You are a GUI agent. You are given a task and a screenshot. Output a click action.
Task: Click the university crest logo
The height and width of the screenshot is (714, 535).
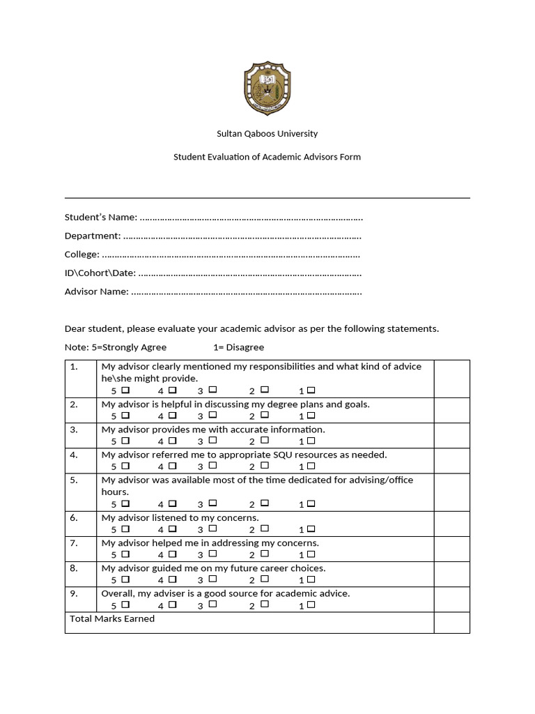coord(267,89)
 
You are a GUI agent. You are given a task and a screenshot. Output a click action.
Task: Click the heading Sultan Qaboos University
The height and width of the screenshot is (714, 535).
coord(267,133)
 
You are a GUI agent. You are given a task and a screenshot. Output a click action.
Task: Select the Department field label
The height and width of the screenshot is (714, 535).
coord(93,236)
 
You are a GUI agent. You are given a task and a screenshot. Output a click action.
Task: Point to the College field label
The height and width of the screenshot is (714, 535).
coord(82,255)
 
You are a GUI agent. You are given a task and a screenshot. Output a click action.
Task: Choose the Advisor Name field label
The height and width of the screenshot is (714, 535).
coord(97,291)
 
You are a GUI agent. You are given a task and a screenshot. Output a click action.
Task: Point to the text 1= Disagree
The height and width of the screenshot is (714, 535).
coord(238,347)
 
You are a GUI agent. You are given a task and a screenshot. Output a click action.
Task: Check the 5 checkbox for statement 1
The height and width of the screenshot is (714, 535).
coord(125,390)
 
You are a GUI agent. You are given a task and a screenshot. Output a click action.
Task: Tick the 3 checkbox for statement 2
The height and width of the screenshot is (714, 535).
coord(212,415)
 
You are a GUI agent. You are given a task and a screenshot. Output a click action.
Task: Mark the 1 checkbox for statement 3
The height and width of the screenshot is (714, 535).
coord(311,440)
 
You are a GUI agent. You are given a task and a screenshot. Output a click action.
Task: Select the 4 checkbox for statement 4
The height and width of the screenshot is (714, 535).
coord(172,465)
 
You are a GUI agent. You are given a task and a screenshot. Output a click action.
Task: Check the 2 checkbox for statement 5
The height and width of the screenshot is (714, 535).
coord(265,503)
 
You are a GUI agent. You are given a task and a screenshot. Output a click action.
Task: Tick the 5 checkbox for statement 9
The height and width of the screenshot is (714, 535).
coord(125,605)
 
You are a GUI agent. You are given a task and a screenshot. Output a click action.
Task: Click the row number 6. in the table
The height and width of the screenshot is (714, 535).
coord(74,518)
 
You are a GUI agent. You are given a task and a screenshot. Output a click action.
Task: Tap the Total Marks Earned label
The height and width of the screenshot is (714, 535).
coord(112,619)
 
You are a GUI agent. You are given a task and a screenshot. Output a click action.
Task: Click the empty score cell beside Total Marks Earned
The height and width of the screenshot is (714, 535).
coord(451,623)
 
